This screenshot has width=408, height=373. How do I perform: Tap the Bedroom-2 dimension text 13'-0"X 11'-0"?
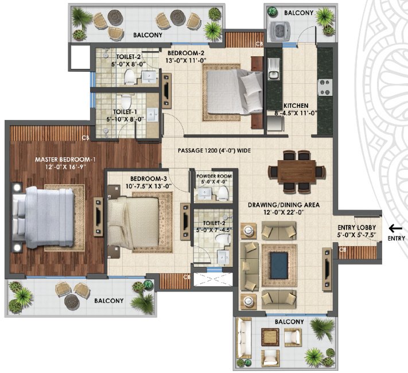click(x=186, y=59)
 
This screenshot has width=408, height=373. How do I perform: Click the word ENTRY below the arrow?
click(x=396, y=238)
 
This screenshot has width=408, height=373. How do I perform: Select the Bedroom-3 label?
click(x=133, y=178)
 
